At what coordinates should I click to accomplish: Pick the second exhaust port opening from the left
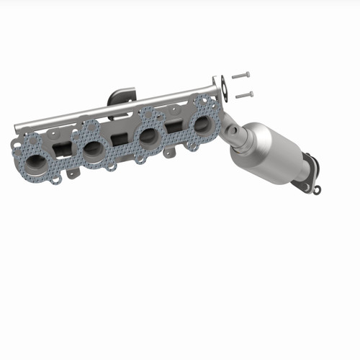pos(94,150)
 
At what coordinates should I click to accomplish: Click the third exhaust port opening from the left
pos(149,135)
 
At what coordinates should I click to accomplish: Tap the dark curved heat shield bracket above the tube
pos(123,95)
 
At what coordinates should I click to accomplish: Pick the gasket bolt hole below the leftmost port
pos(55,180)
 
